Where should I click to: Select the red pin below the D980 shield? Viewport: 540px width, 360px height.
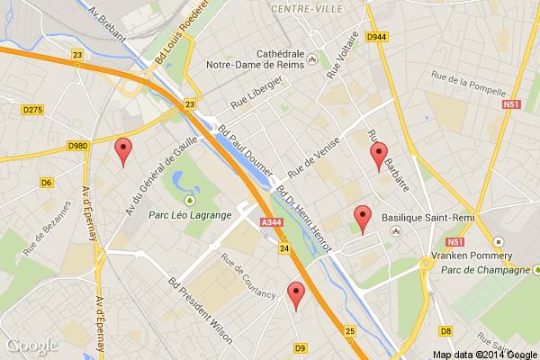[x=123, y=152]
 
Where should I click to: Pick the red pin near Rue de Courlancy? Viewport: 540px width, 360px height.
[x=295, y=295]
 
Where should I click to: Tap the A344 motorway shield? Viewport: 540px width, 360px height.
[x=267, y=222]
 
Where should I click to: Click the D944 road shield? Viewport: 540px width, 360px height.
[x=377, y=37]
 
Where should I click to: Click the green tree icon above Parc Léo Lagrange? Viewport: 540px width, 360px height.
[x=190, y=200]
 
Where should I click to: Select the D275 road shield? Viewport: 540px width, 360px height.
[x=32, y=109]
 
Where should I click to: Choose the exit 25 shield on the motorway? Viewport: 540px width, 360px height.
[x=349, y=331]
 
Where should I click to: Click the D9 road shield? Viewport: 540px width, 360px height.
[x=301, y=346]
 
